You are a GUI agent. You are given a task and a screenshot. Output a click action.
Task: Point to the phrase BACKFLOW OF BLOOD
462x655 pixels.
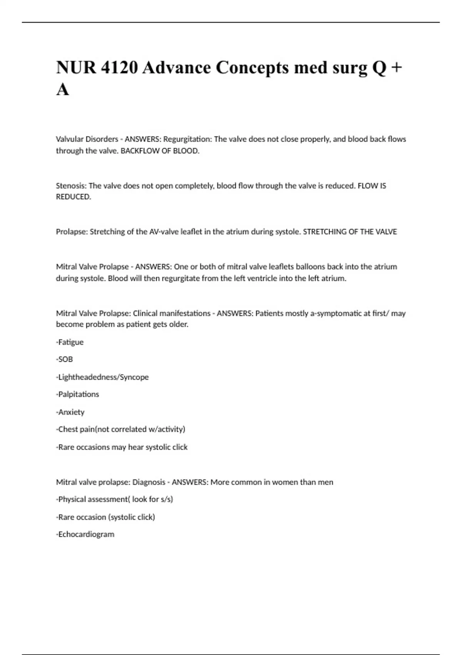(x=160, y=151)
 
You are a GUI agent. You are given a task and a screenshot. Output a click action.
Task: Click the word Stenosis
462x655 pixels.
(x=71, y=186)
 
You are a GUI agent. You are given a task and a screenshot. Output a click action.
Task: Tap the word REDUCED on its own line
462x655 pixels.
(x=73, y=197)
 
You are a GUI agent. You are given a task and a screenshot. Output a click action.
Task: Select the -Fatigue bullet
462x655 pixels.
(x=70, y=342)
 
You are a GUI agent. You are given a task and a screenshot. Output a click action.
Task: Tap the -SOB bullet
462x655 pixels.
(x=64, y=359)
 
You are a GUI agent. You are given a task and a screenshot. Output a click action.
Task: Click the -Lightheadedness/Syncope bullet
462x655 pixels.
(x=102, y=377)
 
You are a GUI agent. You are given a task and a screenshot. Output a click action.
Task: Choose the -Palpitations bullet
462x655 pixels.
(x=77, y=394)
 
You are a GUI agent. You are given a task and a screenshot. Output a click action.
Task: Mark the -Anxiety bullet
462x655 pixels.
(x=70, y=412)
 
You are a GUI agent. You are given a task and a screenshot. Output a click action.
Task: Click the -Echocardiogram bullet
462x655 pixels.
(x=85, y=534)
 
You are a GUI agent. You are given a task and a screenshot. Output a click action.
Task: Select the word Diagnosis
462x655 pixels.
(x=149, y=482)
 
